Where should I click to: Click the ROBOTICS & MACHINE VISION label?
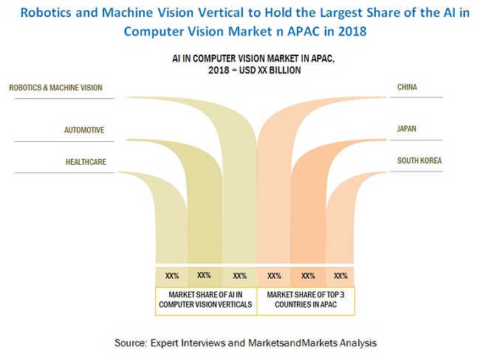tap(56, 87)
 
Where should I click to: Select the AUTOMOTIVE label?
tap(83, 130)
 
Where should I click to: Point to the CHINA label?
tap(407, 87)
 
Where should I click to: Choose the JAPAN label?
tap(407, 129)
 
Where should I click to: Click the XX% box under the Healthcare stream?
tap(172, 276)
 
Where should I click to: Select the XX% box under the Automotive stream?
tap(205, 275)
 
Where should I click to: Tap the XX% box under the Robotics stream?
tap(239, 276)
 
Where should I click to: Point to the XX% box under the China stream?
tap(274, 275)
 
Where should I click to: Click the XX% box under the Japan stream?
tap(308, 276)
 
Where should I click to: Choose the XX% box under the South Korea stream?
tap(340, 276)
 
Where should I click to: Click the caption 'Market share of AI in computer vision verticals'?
tap(205, 300)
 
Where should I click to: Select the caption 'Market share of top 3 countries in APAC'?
tap(307, 300)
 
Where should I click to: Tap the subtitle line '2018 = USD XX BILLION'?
tap(239, 70)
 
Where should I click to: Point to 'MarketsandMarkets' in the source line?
tap(302, 343)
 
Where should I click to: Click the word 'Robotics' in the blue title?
tap(58, 13)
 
